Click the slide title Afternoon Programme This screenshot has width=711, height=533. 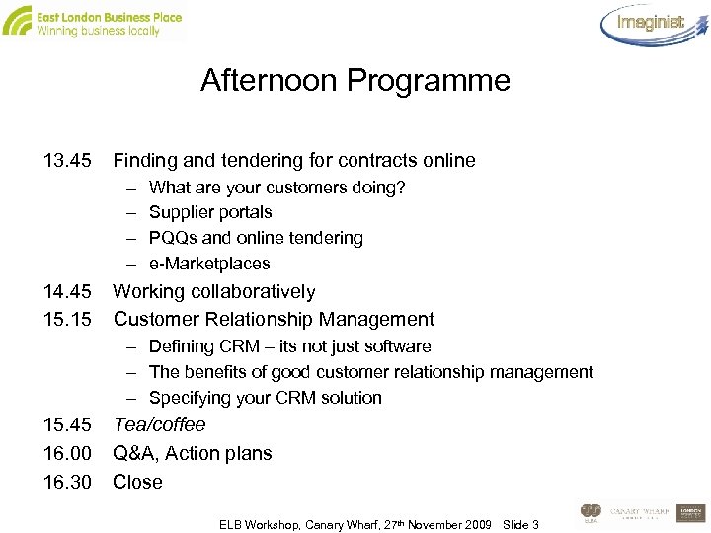tap(355, 80)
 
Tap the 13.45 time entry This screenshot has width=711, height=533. tap(67, 160)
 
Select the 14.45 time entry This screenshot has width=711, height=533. tap(67, 291)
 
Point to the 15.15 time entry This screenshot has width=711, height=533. tap(67, 319)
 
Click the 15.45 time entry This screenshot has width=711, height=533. tap(67, 425)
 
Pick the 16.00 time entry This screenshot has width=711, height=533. tap(67, 454)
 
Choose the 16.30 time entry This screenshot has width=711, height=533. tap(67, 483)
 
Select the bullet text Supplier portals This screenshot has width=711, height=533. tap(210, 212)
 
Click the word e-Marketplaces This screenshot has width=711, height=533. tap(209, 264)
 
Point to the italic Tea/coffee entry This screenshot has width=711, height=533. tap(160, 425)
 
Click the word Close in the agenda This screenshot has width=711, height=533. tap(137, 483)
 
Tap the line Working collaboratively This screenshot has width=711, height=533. tap(214, 291)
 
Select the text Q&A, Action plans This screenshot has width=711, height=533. tap(193, 454)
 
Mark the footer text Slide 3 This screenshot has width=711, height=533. tap(520, 524)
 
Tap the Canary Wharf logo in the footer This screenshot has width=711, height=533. tap(641, 512)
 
